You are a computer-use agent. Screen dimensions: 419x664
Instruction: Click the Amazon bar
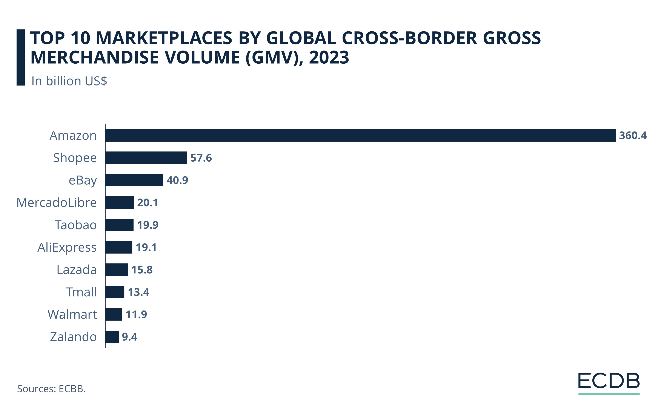[360, 135]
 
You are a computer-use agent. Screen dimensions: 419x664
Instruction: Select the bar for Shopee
[146, 158]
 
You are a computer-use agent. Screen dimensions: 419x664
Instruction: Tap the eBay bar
[134, 180]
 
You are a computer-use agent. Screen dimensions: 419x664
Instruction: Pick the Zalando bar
[112, 337]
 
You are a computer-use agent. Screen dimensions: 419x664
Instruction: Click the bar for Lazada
[116, 269]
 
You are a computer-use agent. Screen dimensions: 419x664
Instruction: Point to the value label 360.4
[633, 136]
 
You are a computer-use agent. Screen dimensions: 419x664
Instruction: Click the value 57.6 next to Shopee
[201, 158]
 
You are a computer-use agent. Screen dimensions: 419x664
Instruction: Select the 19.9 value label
[148, 225]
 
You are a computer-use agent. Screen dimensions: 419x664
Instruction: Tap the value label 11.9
[136, 314]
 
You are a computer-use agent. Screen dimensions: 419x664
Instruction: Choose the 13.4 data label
[138, 292]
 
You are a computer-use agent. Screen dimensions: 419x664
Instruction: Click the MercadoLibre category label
[57, 202]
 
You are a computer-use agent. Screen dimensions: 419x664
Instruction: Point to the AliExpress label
[67, 247]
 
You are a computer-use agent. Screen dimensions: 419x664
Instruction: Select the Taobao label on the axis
[75, 225]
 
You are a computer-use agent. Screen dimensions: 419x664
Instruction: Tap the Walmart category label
[72, 314]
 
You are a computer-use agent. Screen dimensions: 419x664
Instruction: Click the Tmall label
[81, 292]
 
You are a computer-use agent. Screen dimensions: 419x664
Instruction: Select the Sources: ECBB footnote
[51, 389]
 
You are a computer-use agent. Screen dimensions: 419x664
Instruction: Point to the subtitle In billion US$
[69, 81]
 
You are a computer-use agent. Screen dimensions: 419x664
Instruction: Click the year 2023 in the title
[329, 57]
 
